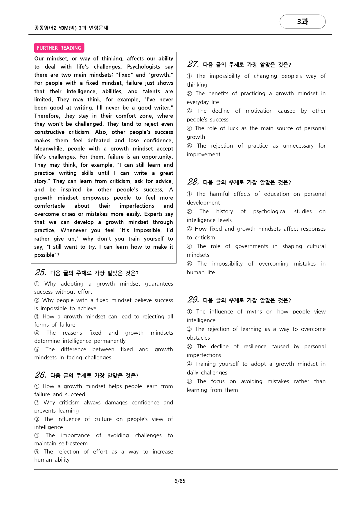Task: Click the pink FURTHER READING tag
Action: coord(59,48)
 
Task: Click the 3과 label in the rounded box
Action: coord(303,21)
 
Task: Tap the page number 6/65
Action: coord(180,481)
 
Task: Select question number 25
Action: coord(40,273)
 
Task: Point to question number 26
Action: coord(40,375)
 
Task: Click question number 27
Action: coord(193,64)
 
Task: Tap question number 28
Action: coord(193,182)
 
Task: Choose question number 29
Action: coord(193,300)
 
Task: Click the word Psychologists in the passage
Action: coord(143,67)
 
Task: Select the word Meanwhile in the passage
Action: coord(49,149)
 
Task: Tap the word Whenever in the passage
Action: coord(73,230)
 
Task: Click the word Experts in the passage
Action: coord(153,214)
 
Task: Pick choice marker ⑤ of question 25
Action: coord(37,350)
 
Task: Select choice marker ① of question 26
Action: coord(37,386)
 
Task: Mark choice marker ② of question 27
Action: coord(190,94)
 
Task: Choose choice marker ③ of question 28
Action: coord(190,229)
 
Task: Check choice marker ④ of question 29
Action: coord(190,364)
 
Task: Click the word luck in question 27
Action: coord(233,128)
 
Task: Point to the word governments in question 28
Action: coord(252,246)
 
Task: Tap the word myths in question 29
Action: coord(254,312)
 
